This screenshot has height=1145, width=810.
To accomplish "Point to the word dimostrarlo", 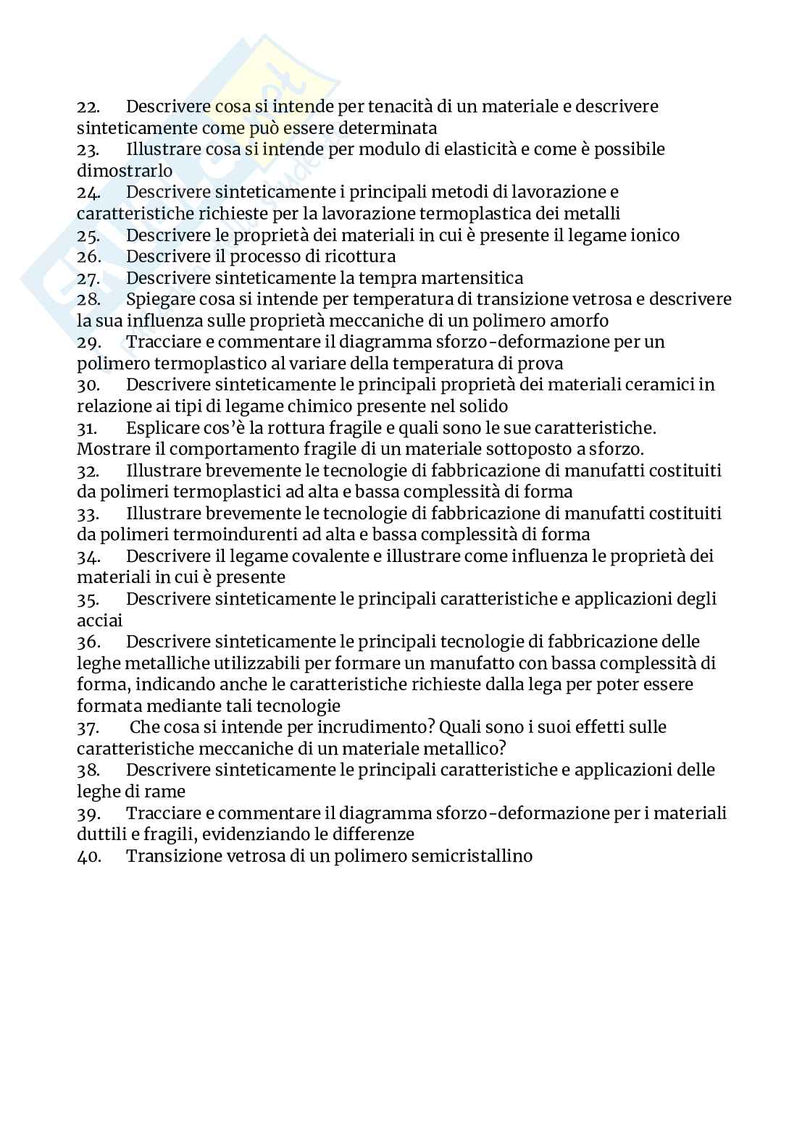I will pyautogui.click(x=125, y=172).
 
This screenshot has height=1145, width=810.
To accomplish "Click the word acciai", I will pyautogui.click(x=100, y=621).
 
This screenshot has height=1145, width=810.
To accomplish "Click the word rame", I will pyautogui.click(x=166, y=792).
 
